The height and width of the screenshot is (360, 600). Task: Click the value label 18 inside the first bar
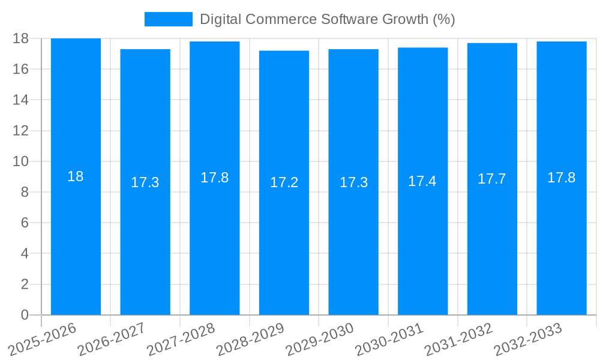(76, 177)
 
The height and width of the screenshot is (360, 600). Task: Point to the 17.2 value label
(284, 182)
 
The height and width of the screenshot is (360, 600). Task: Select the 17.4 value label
(422, 181)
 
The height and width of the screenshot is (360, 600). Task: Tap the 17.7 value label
(492, 179)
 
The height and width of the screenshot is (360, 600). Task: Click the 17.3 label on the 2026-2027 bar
(145, 182)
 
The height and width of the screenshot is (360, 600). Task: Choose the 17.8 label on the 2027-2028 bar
(214, 178)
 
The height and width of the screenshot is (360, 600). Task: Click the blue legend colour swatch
(168, 19)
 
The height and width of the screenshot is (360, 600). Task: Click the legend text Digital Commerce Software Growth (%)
(327, 19)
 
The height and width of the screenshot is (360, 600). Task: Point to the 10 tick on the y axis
(21, 161)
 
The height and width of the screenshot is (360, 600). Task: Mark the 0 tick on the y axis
(25, 315)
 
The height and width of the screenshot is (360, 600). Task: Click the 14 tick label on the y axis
(21, 100)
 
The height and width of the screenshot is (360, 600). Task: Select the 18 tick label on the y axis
(21, 38)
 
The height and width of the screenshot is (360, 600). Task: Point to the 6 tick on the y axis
(25, 223)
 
